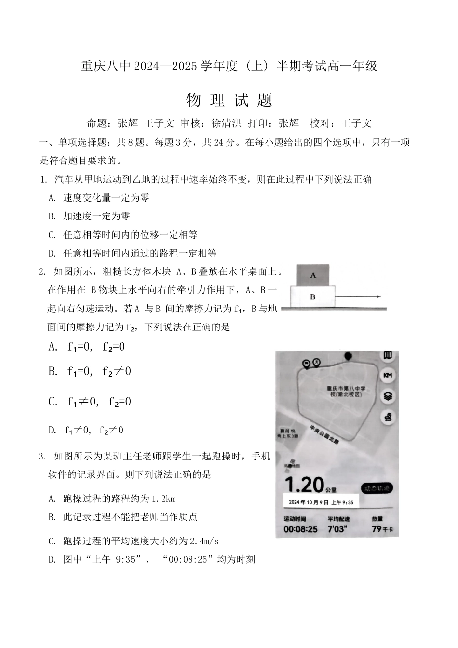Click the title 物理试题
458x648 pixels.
click(x=229, y=100)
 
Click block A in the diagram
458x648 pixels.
click(x=313, y=275)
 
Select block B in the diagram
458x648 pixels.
click(x=312, y=297)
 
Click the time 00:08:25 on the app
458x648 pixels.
click(x=300, y=529)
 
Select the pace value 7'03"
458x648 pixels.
click(x=337, y=529)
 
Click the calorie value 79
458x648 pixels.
click(x=377, y=529)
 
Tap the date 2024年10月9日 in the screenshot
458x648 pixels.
click(x=309, y=502)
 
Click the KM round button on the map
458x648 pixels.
click(x=388, y=375)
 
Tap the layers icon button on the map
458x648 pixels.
click(x=388, y=396)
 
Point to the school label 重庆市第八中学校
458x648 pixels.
click(x=346, y=391)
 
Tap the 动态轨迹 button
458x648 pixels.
click(x=377, y=488)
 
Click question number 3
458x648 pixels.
click(x=42, y=456)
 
